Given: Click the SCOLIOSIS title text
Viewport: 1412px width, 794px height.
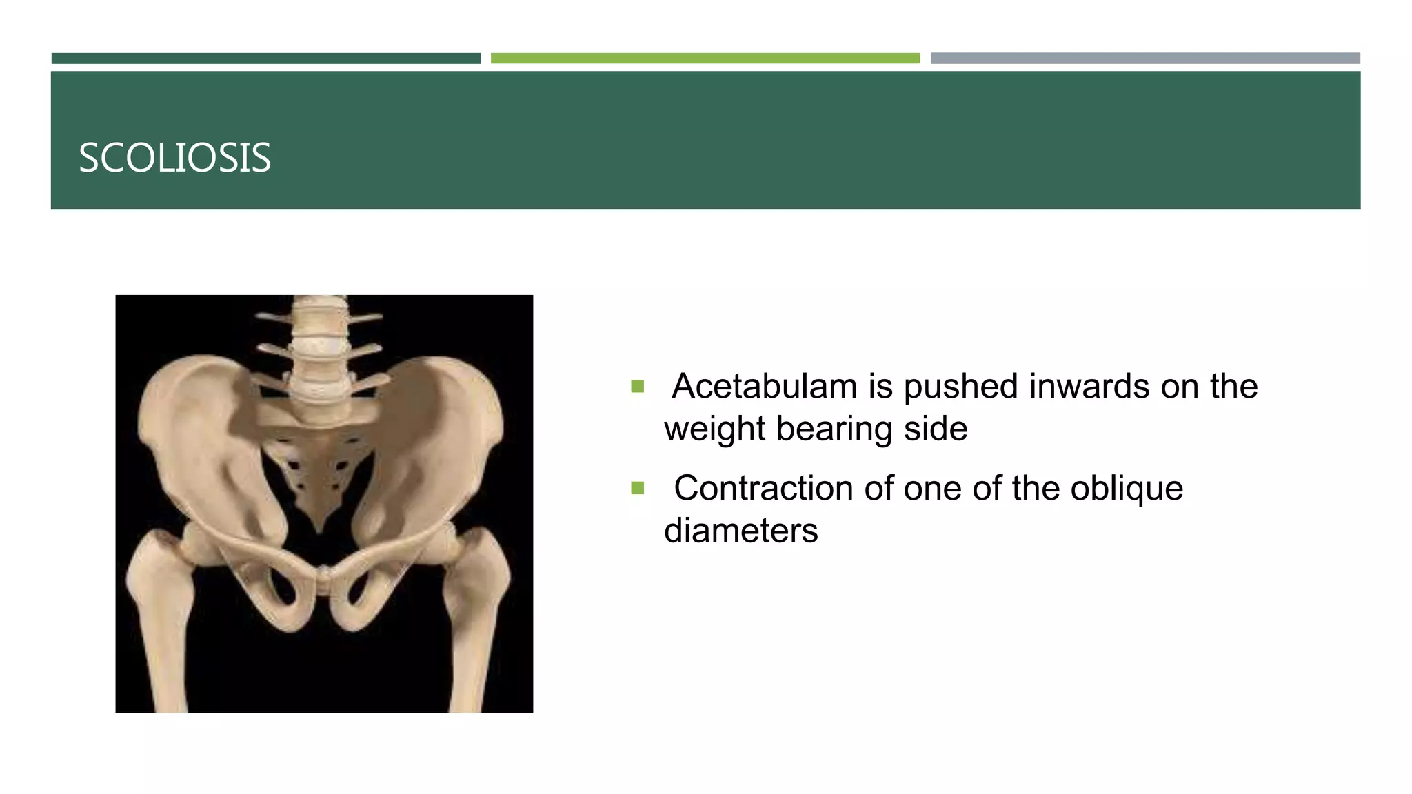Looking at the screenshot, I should pyautogui.click(x=174, y=158).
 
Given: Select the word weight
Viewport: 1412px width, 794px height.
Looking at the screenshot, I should pyautogui.click(x=714, y=429).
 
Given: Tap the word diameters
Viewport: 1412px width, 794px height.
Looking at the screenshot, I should pyautogui.click(x=740, y=531).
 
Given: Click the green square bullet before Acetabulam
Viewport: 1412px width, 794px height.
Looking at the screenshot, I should pyautogui.click(x=637, y=386).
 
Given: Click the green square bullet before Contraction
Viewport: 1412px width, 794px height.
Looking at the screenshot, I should pyautogui.click(x=637, y=489).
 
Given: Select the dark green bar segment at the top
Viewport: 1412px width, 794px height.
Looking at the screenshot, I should pyautogui.click(x=265, y=59).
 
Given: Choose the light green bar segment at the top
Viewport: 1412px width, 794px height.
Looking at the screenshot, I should pyautogui.click(x=705, y=59).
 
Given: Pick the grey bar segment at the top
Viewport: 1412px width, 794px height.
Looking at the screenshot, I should pyautogui.click(x=1145, y=59).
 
